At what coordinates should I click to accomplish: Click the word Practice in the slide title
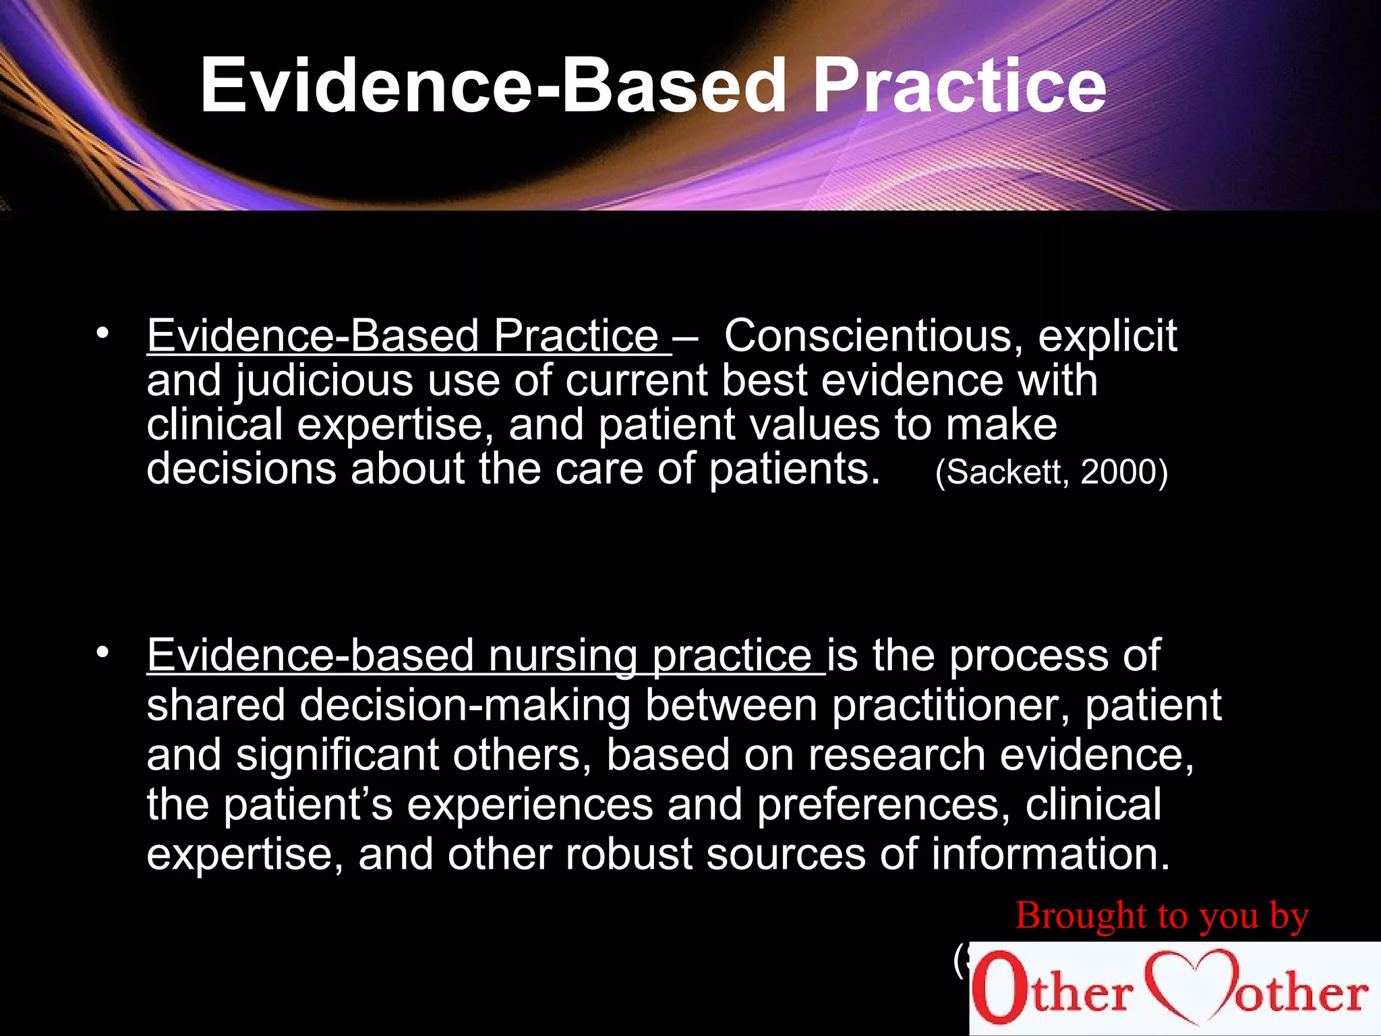point(959,86)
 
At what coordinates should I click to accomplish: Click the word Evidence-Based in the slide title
point(492,86)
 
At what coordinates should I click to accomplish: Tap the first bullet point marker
point(102,334)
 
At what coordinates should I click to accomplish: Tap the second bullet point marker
point(102,652)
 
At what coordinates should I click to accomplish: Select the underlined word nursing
point(562,656)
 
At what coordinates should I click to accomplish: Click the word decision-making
point(465,706)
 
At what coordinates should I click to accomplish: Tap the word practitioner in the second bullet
point(950,706)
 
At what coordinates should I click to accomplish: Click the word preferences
point(883,805)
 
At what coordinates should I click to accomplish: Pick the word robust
point(628,855)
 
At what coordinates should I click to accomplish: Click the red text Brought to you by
point(1161,916)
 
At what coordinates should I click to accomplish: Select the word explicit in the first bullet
point(1107,336)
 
